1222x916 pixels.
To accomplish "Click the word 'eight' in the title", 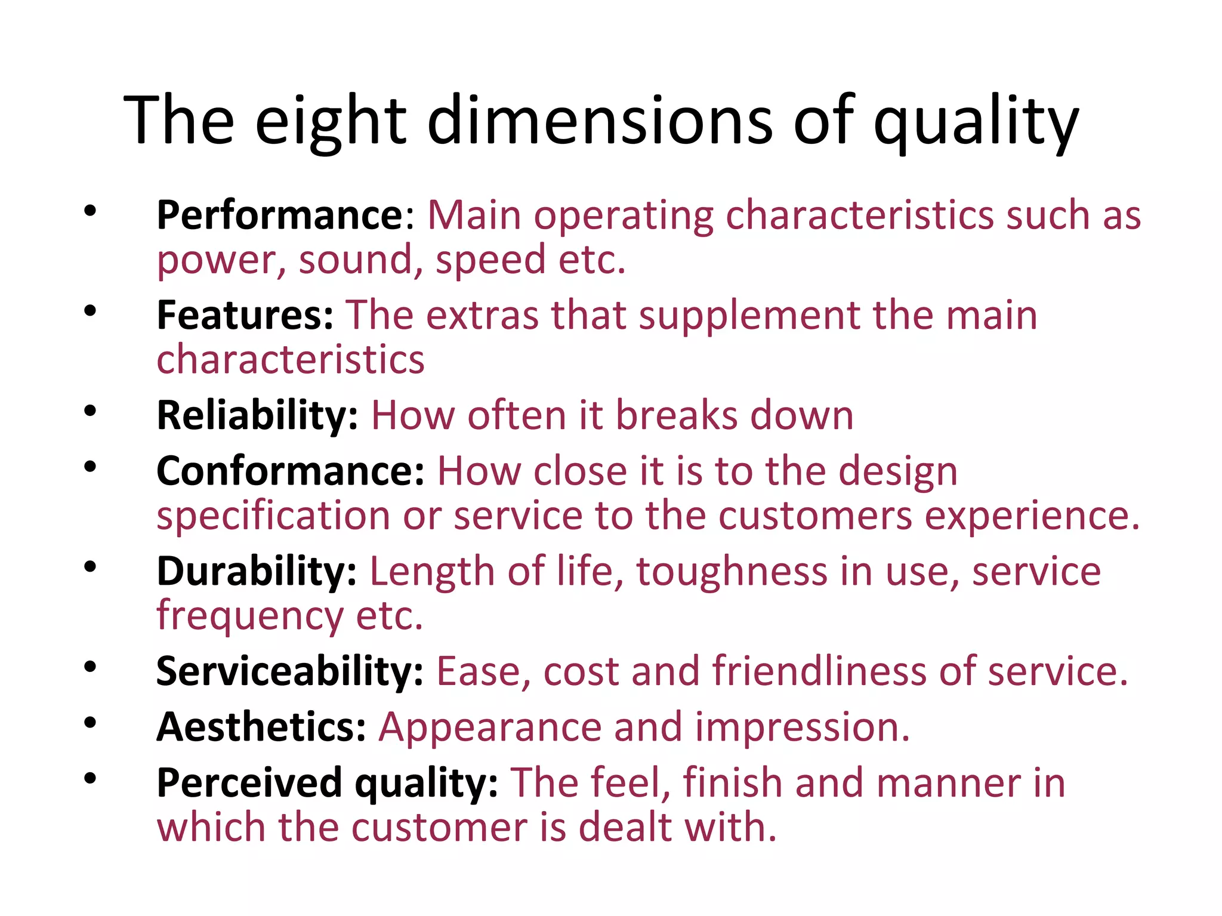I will click(331, 121).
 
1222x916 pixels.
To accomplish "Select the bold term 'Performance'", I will click(280, 215).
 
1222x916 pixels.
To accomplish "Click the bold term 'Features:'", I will click(245, 315).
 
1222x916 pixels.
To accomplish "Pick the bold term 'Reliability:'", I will click(257, 415).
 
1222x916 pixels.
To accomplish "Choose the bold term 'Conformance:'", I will click(290, 471).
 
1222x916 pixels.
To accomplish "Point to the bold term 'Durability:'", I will click(257, 571).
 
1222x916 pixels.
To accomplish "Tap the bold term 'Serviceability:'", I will click(290, 671).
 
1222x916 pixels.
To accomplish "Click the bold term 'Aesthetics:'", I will click(261, 727).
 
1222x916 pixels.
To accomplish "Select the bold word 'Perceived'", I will click(249, 783).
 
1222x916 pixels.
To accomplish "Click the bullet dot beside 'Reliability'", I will click(90, 411).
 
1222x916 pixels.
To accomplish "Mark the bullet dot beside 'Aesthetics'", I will click(90, 723).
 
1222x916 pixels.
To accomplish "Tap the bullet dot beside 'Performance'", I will click(90, 210).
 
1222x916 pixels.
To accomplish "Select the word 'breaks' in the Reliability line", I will click(676, 415).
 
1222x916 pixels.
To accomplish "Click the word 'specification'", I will click(273, 516).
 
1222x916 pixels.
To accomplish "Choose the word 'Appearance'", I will click(490, 727).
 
